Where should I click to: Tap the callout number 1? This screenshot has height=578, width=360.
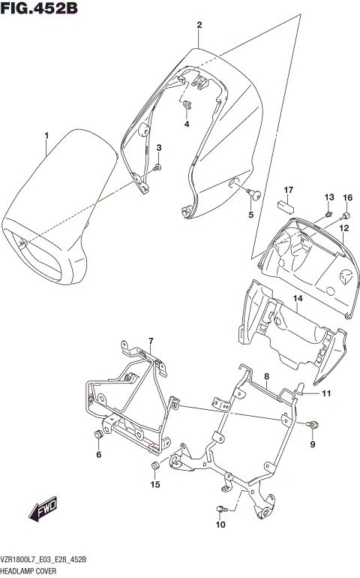(46, 135)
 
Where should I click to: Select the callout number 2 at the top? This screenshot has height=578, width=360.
(199, 26)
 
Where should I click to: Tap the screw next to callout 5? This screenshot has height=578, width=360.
(256, 196)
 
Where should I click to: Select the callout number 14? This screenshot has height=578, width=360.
(297, 298)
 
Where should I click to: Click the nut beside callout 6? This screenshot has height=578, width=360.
(97, 436)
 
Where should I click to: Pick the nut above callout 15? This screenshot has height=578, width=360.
(154, 468)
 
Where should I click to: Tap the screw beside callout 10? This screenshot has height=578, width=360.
(220, 510)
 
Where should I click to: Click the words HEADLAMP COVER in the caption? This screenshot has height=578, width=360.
(29, 571)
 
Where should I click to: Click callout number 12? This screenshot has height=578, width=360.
(343, 227)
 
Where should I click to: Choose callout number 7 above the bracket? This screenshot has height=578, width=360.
(150, 342)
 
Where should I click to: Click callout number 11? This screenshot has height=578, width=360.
(326, 393)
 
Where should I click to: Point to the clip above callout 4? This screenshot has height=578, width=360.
(187, 105)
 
